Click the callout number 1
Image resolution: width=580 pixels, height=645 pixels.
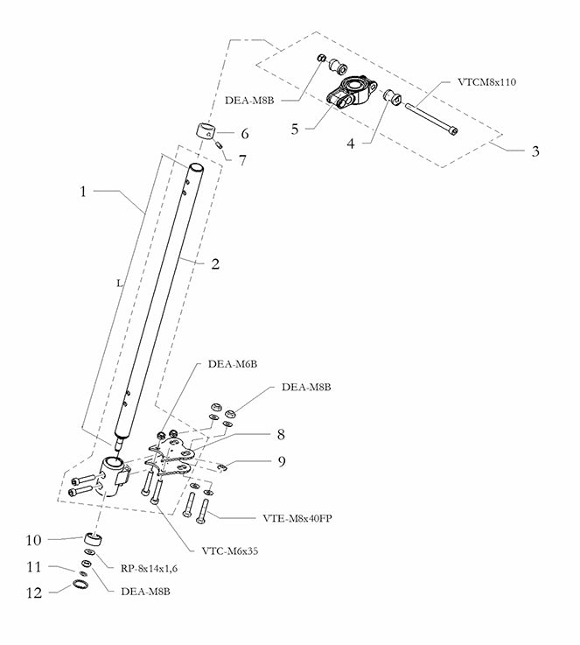tap(84, 189)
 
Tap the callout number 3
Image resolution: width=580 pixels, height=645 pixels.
tap(535, 151)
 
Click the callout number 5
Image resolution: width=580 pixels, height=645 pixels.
tap(295, 128)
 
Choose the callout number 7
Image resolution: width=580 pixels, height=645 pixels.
tap(244, 160)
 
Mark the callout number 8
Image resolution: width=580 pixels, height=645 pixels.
tap(281, 433)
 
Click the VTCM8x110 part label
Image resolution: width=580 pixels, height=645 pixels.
tap(487, 82)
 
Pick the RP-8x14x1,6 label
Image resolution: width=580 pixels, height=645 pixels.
tap(150, 567)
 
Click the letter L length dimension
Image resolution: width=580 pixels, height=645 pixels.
tap(118, 284)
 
